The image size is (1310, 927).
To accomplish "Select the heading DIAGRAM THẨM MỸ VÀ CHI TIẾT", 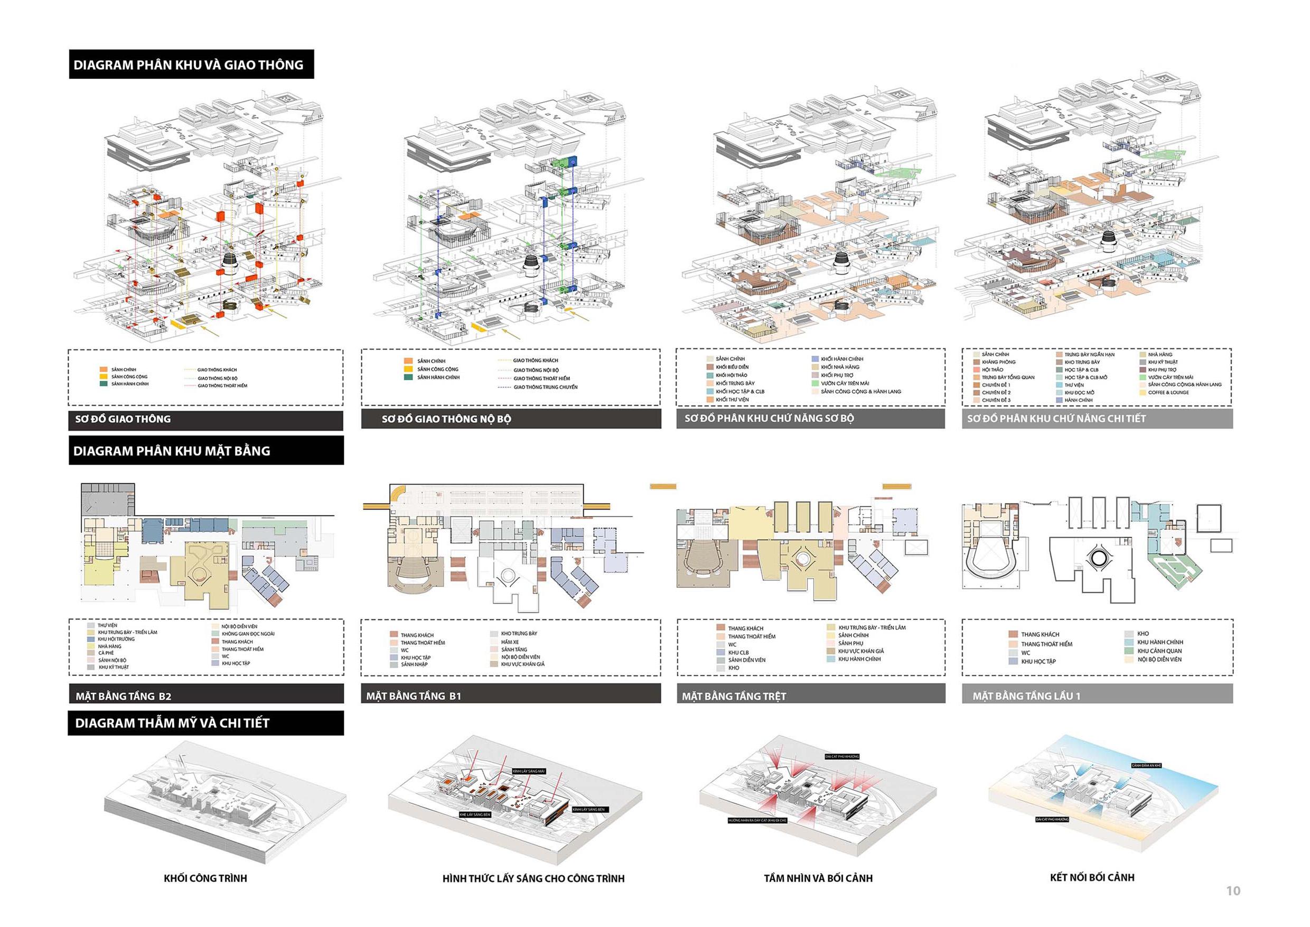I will tap(172, 723).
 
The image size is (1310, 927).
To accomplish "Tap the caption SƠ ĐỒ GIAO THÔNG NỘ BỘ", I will tap(446, 419).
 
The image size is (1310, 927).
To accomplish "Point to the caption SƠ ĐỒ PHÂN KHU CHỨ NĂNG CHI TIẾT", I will tap(1056, 419).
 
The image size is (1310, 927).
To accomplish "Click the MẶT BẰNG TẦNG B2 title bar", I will tap(124, 696).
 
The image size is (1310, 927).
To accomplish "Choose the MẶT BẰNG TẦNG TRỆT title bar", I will tap(734, 696).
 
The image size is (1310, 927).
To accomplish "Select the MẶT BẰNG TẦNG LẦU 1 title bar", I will tap(1026, 696).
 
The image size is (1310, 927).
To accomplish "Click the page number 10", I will tap(1233, 891).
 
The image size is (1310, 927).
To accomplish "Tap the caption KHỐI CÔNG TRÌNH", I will tap(205, 878).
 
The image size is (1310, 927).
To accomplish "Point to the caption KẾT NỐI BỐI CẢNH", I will tap(1092, 877).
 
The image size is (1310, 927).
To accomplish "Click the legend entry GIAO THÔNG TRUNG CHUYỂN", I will tap(545, 387).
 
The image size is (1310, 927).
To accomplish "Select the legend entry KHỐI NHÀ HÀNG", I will tap(840, 367).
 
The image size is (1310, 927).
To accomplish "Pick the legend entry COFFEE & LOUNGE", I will tap(1168, 393).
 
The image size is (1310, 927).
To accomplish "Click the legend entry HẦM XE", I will tap(510, 642).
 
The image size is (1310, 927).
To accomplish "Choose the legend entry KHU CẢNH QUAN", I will tap(1159, 651).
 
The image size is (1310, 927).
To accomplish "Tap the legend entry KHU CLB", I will tap(738, 652).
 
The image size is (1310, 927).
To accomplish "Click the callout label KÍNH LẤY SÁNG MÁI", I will tap(529, 771).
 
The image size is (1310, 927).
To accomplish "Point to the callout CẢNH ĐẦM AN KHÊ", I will tap(1146, 765).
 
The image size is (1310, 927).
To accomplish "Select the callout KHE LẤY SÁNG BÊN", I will tap(475, 814).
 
